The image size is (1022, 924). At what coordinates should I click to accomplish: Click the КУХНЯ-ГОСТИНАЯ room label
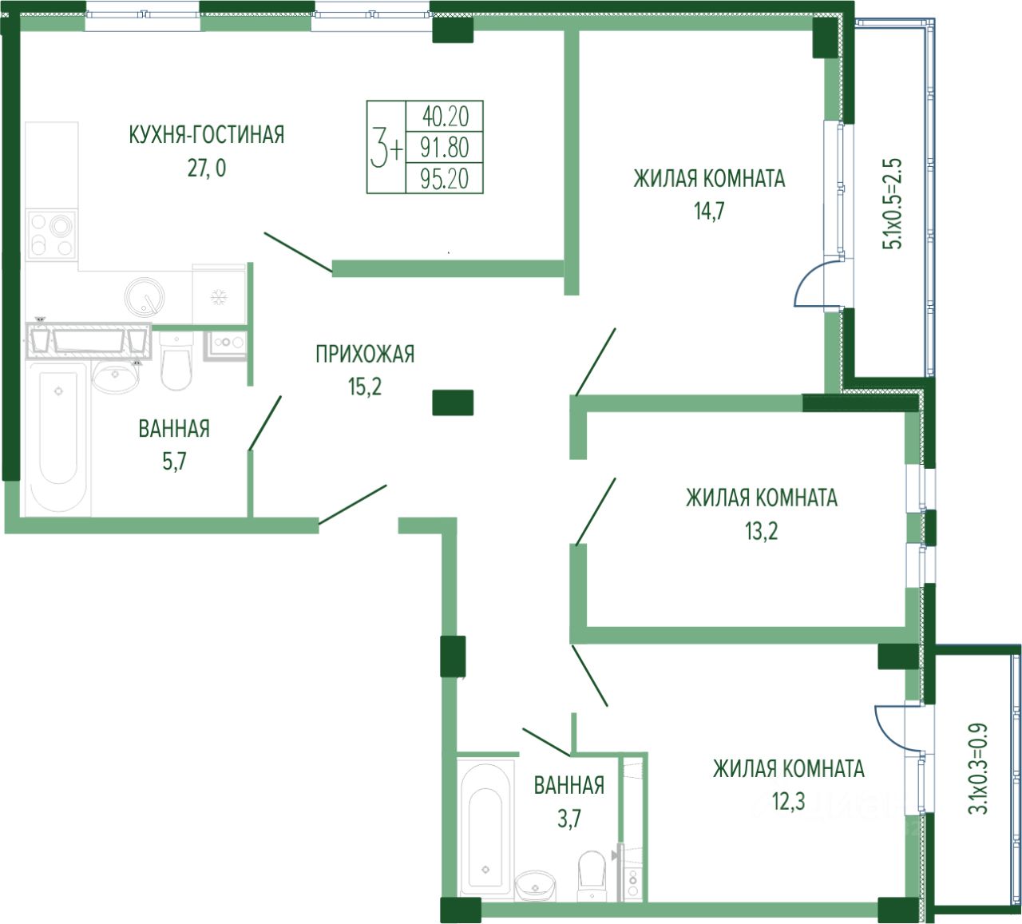[x=206, y=135]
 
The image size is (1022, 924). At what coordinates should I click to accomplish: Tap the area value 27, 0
[x=207, y=168]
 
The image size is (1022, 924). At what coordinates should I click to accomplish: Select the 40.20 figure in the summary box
[x=445, y=117]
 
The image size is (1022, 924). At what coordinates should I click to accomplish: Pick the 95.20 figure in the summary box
[x=445, y=179]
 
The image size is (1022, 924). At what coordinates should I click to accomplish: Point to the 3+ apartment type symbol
[x=386, y=147]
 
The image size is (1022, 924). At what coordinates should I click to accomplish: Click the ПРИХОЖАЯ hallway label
[x=365, y=355]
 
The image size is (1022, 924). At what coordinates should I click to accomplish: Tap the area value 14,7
[x=709, y=211]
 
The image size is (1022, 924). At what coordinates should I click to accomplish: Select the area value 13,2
[x=761, y=531]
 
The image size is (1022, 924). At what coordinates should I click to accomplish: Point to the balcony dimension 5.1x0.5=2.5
[x=892, y=204]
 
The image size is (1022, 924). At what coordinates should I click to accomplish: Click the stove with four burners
[x=52, y=235]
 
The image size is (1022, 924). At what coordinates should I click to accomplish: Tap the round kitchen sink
[x=145, y=296]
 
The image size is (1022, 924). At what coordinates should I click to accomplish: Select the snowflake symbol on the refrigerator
[x=220, y=296]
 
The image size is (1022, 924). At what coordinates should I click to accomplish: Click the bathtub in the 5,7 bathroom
[x=59, y=438]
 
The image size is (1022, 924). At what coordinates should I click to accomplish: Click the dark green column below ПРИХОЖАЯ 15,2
[x=453, y=403]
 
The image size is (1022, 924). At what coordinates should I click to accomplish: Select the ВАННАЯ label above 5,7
[x=174, y=429]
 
